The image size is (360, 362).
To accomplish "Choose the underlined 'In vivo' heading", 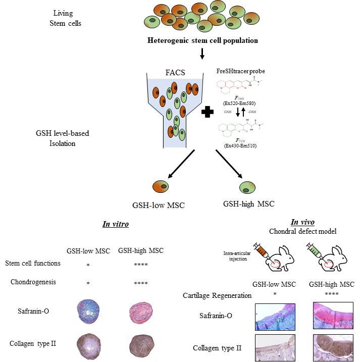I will click(x=302, y=222).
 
